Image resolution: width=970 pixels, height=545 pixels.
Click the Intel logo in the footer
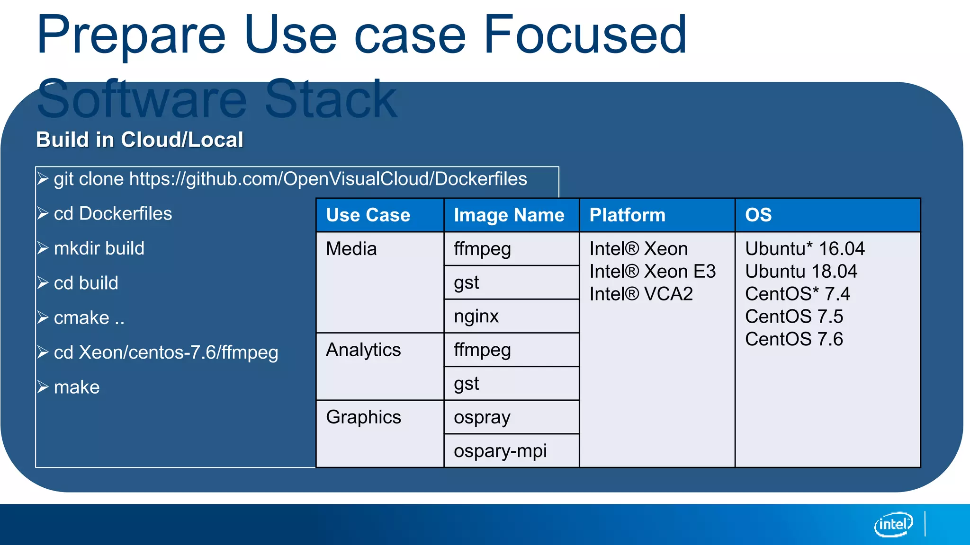[x=893, y=524]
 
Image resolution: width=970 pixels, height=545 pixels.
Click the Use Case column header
[x=368, y=215]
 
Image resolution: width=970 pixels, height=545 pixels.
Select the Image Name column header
[x=509, y=215]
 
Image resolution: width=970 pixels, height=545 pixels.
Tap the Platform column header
[x=627, y=215]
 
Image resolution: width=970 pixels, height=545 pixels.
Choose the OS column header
[x=758, y=215]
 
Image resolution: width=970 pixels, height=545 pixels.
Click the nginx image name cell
[x=476, y=316]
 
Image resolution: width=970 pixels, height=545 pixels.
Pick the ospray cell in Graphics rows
[x=482, y=417]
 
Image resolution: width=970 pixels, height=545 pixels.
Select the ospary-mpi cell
[x=500, y=451]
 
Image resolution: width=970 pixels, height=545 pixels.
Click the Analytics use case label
[x=363, y=350]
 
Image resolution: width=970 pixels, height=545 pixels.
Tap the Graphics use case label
[x=363, y=417]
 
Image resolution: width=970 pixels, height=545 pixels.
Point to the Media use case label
[x=351, y=249]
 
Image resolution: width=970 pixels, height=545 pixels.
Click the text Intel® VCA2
[x=641, y=294]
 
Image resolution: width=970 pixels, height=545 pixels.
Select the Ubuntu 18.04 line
[x=801, y=272]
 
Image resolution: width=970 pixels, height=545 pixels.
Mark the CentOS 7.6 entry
[x=794, y=339]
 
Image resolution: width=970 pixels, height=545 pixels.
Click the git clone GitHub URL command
[x=290, y=179]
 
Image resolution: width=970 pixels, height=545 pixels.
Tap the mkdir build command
[x=99, y=248]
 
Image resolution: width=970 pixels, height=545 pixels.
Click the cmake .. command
[x=89, y=318]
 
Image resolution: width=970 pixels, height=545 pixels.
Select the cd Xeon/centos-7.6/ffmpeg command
[x=166, y=352]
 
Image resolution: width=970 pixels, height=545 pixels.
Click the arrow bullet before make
[x=43, y=387]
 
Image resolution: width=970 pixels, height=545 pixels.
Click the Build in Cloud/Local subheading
[x=140, y=140]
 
